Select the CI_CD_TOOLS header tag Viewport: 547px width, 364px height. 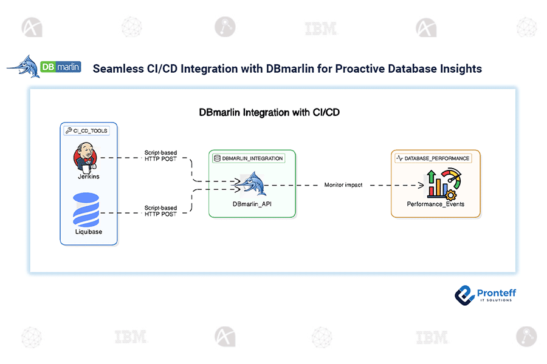(86, 130)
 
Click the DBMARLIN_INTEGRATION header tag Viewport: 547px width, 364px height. (249, 158)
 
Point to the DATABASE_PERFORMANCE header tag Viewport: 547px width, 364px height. (433, 158)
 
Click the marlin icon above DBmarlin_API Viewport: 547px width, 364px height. (250, 184)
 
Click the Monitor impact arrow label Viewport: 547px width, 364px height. (343, 185)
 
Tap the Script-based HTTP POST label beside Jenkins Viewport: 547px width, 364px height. (160, 156)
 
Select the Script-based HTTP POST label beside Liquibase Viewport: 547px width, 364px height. (160, 211)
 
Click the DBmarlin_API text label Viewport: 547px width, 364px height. (252, 204)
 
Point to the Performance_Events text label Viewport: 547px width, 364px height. (435, 204)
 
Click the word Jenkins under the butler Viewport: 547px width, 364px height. (88, 177)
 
